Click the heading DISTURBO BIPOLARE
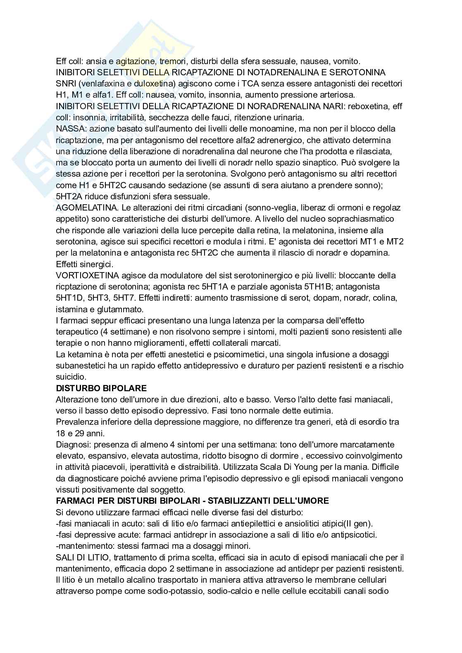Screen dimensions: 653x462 click(x=101, y=388)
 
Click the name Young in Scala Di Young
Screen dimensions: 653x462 click(x=317, y=467)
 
